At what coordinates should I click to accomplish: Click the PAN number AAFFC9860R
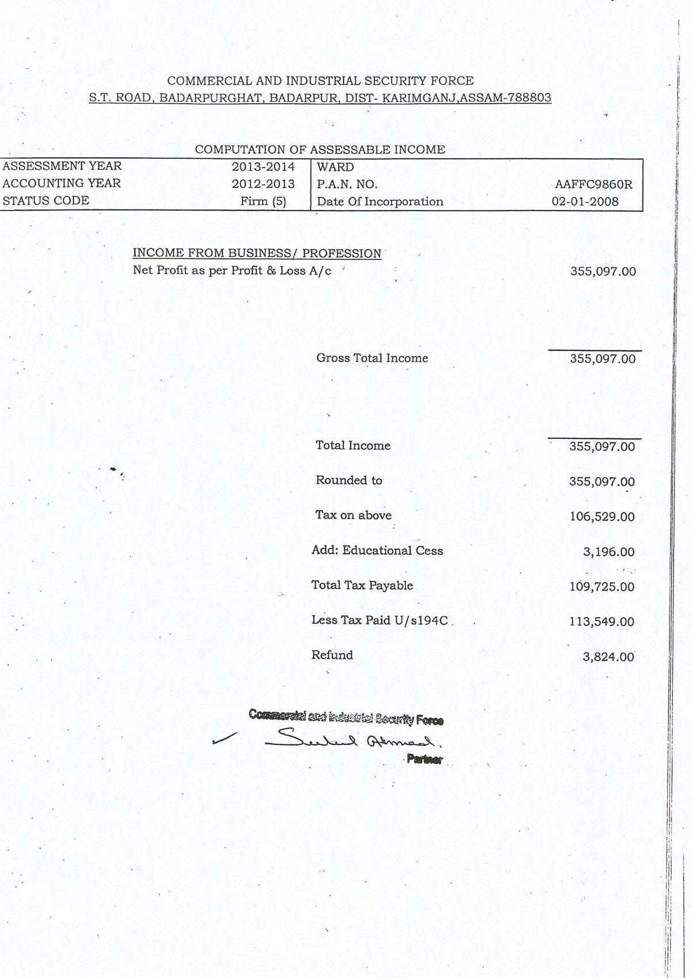tap(593, 185)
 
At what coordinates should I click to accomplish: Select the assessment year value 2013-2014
tap(263, 167)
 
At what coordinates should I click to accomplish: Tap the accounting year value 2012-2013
tap(263, 184)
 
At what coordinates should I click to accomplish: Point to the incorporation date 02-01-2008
tap(585, 202)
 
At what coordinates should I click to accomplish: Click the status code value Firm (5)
tap(263, 201)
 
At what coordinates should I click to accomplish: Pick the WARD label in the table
tap(335, 167)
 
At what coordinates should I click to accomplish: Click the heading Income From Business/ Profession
tap(257, 253)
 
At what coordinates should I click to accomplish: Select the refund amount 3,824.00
tap(608, 657)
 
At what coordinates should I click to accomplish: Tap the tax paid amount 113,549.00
tap(602, 622)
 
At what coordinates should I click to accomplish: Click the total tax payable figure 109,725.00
tap(602, 587)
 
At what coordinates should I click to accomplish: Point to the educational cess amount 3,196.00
tap(609, 552)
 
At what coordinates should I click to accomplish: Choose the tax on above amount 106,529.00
tap(602, 517)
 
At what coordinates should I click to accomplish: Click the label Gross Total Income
tap(372, 358)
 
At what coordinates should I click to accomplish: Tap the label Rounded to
tap(349, 480)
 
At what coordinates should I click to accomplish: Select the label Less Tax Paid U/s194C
tap(379, 620)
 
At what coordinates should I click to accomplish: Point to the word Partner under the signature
tap(425, 760)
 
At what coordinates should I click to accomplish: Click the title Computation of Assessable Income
tap(320, 150)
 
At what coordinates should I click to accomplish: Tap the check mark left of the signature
tap(224, 739)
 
